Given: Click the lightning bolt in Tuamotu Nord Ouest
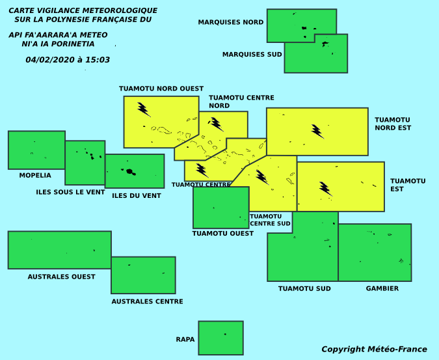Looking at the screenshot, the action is pyautogui.click(x=144, y=109).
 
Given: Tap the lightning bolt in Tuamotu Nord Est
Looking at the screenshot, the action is pyautogui.click(x=317, y=132).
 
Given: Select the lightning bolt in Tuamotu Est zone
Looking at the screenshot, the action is pyautogui.click(x=326, y=189).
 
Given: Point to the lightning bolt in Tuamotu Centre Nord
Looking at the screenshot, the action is pyautogui.click(x=216, y=124).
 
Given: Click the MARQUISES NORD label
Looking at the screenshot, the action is pyautogui.click(x=231, y=22).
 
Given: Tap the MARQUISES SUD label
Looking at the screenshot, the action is pyautogui.click(x=252, y=54).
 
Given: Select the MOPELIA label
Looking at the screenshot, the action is pyautogui.click(x=35, y=175).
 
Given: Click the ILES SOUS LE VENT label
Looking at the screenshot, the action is pyautogui.click(x=70, y=192).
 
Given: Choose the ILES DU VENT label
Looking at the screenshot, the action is pyautogui.click(x=137, y=196).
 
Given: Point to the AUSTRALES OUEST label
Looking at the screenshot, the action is pyautogui.click(x=61, y=277).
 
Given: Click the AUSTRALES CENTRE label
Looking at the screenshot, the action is pyautogui.click(x=147, y=301).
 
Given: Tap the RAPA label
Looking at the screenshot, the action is pyautogui.click(x=185, y=340).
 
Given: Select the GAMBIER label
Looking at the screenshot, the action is pyautogui.click(x=382, y=288).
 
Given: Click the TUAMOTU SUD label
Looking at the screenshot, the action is pyautogui.click(x=304, y=288).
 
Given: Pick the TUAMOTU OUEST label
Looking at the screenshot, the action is pyautogui.click(x=223, y=233).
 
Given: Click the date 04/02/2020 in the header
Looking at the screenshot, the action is pyautogui.click(x=50, y=60).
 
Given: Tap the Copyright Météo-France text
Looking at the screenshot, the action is pyautogui.click(x=374, y=350).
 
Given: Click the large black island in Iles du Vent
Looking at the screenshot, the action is pyautogui.click(x=129, y=171).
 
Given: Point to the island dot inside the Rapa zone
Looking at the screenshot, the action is pyautogui.click(x=225, y=334).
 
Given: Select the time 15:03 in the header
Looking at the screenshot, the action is pyautogui.click(x=98, y=60).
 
